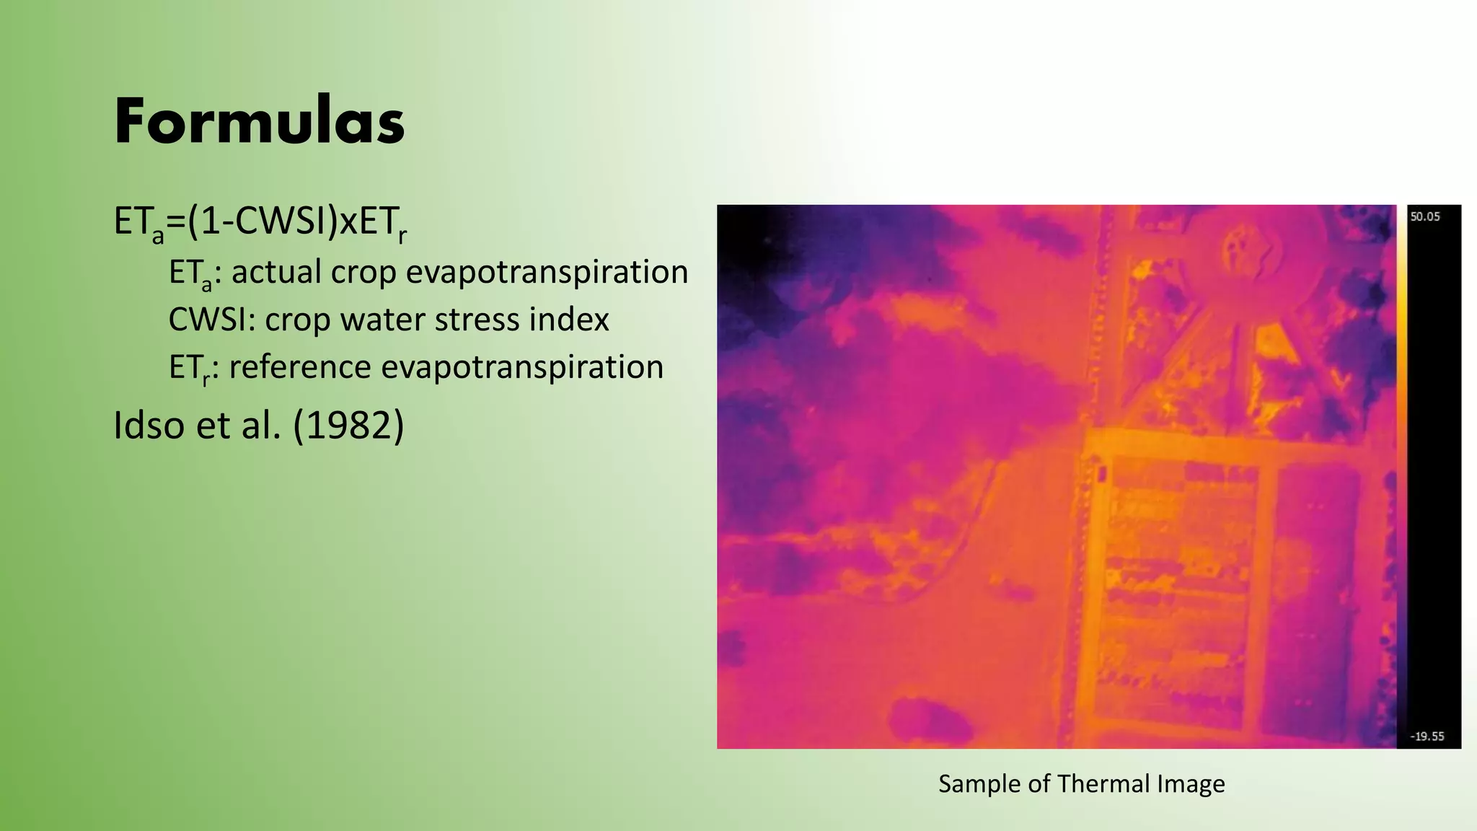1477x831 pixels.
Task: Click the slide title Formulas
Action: click(260, 121)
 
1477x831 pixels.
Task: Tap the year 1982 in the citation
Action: click(348, 425)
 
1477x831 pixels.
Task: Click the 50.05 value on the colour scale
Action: click(1425, 216)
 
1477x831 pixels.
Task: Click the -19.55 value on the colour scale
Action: click(1427, 737)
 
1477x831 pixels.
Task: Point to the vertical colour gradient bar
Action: click(1401, 476)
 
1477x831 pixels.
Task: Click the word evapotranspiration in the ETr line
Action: click(522, 367)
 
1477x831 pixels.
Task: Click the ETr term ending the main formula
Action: click(383, 222)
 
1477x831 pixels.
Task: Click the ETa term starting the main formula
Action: click(138, 222)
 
